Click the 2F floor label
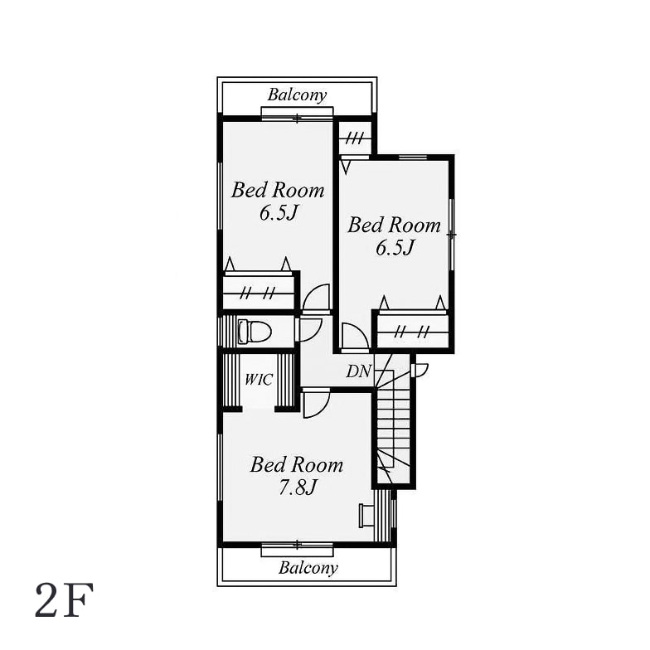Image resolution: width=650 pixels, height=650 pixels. click(65, 600)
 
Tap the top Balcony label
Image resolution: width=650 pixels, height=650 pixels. click(297, 95)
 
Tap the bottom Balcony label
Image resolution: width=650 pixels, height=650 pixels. click(308, 568)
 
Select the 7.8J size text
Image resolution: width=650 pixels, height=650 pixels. click(297, 487)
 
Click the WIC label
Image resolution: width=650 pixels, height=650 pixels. click(259, 380)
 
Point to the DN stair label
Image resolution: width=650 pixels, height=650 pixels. click(358, 371)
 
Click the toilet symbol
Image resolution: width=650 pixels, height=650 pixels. click(254, 332)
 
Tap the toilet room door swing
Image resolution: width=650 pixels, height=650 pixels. click(308, 330)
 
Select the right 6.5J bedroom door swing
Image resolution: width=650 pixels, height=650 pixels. click(355, 337)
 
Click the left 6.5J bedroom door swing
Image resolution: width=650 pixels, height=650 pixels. click(317, 297)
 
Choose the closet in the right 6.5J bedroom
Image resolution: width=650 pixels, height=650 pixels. click(413, 330)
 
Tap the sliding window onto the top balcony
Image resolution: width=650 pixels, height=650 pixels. click(297, 113)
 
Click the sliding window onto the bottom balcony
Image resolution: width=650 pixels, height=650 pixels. click(297, 549)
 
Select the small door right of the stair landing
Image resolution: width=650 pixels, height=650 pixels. click(420, 370)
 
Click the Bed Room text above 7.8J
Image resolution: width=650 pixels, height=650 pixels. click(297, 465)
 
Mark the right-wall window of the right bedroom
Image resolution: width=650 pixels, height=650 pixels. click(452, 235)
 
